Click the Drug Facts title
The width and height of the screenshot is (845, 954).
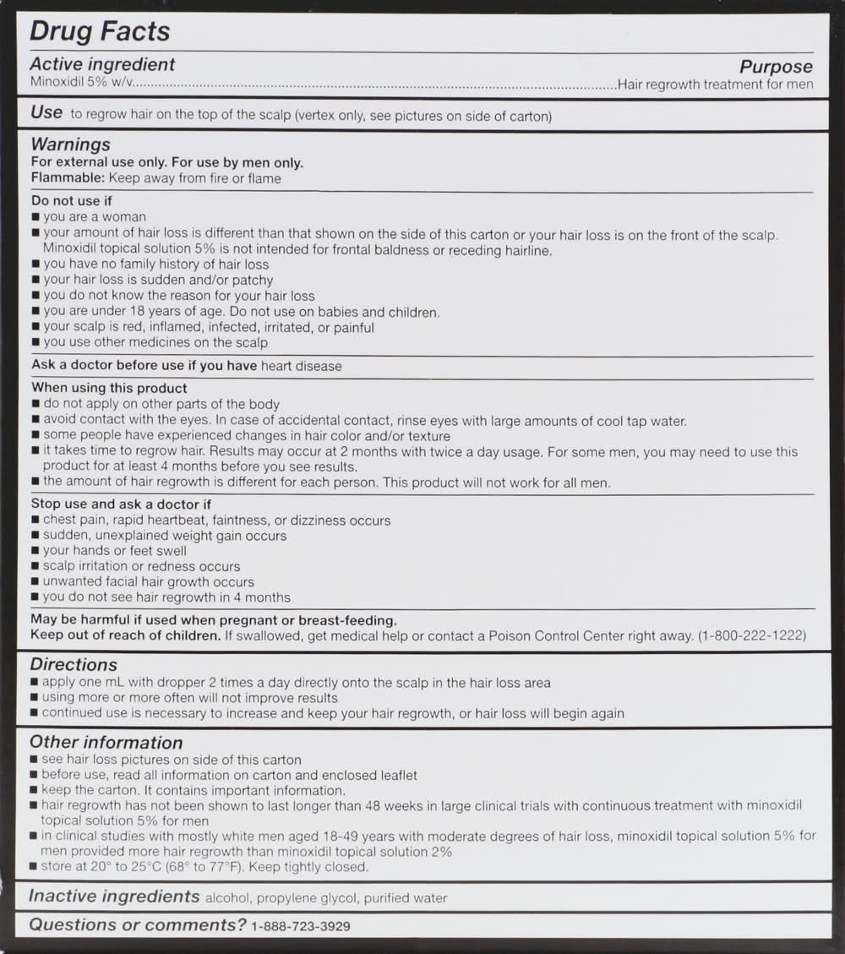click(x=100, y=32)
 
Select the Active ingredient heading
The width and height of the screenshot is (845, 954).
click(x=102, y=65)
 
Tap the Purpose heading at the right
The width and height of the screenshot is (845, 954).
click(x=776, y=67)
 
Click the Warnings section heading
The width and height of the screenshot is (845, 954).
click(x=70, y=144)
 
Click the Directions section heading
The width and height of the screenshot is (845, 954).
click(x=74, y=665)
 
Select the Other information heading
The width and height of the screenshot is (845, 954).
click(x=106, y=743)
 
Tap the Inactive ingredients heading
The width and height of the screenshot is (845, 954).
click(x=114, y=897)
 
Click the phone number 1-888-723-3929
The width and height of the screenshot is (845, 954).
click(x=301, y=926)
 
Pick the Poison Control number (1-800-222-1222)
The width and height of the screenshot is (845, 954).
click(x=752, y=635)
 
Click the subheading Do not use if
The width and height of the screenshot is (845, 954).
click(x=72, y=201)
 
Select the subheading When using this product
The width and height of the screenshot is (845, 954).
click(x=109, y=388)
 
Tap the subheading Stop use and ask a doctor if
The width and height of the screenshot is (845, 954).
click(x=121, y=504)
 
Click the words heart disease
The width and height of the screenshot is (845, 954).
click(x=302, y=366)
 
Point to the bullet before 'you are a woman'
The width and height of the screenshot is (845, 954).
click(x=35, y=218)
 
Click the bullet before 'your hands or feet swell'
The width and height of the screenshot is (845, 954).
click(x=35, y=552)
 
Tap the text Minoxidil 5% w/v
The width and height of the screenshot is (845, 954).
click(x=82, y=84)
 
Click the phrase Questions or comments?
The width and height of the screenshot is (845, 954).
click(x=138, y=925)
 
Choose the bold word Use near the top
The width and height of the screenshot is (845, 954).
click(x=46, y=112)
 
